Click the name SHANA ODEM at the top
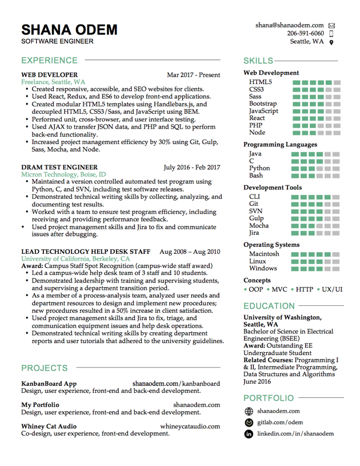coord(69,30)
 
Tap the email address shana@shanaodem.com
coord(290,26)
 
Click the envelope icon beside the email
coord(332,26)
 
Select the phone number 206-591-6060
coord(305,34)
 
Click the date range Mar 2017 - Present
coord(193,75)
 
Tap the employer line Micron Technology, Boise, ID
coord(63,174)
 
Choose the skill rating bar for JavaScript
coord(316,111)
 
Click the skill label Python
coord(259,168)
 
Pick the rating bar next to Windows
coord(316,268)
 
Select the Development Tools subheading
coord(273,188)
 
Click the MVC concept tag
coord(279,289)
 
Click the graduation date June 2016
coord(258,381)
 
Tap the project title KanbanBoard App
coord(49,384)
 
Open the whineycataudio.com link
coord(190,426)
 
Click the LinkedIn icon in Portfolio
coord(249,435)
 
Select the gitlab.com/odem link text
coord(280,423)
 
